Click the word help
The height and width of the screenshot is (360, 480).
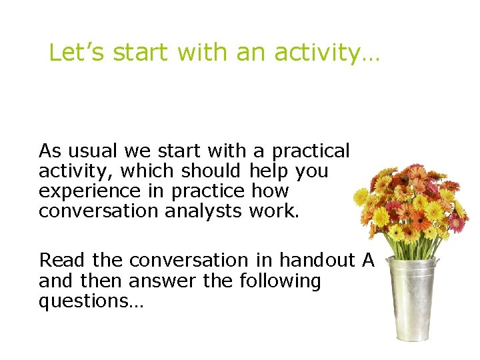coord(269,171)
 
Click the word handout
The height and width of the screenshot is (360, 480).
coord(317,260)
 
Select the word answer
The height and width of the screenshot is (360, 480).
coord(167,281)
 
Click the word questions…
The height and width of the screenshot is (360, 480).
coord(91,301)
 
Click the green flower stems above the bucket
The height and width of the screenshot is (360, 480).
coord(409,250)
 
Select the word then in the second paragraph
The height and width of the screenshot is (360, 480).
coord(102,281)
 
